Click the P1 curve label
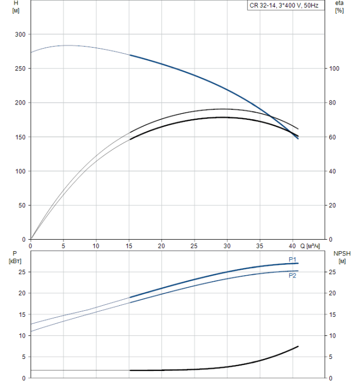(293, 259)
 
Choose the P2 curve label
(293, 276)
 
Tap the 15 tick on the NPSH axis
(334, 314)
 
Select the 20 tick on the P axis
(22, 293)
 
